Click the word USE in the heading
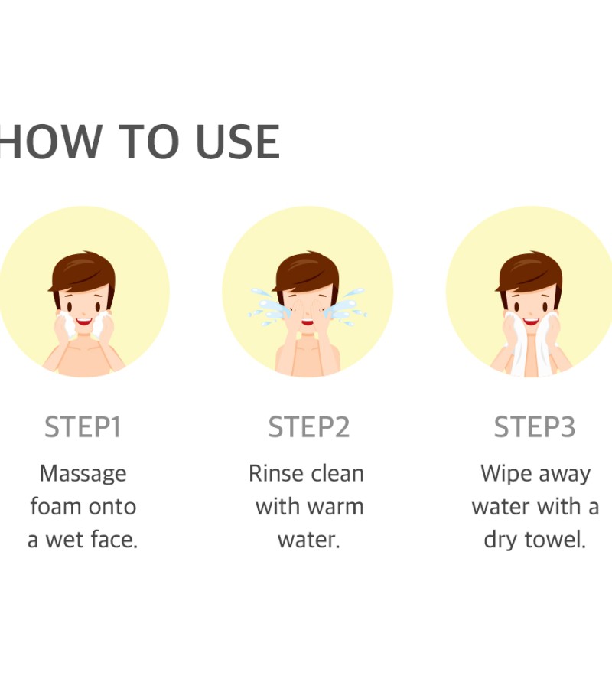coord(237,142)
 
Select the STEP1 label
coord(83,426)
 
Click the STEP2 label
coord(308,426)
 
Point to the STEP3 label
coord(534,426)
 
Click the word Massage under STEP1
coord(83,475)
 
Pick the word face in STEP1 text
coord(113,539)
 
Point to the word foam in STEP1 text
coord(55,506)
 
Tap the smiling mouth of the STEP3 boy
coord(531,322)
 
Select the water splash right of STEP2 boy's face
coord(347,307)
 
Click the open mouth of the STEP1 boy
coord(84,322)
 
